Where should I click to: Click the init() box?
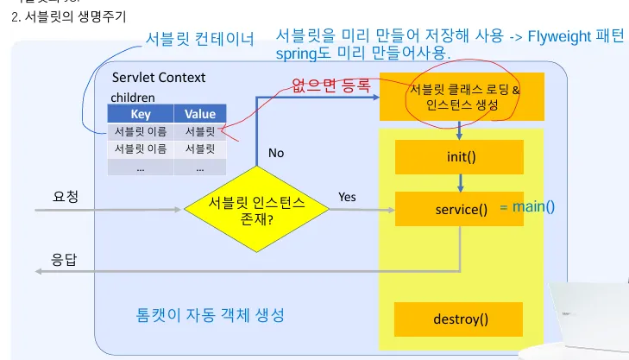[x=461, y=157]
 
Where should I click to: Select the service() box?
[x=461, y=209]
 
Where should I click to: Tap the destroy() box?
[x=461, y=319]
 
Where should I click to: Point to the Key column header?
[x=140, y=114]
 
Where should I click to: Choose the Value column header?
[x=200, y=114]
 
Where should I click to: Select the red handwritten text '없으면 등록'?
[x=331, y=86]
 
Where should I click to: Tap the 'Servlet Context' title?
[x=159, y=77]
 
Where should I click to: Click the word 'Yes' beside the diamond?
[x=347, y=197]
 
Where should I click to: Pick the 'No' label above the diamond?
[x=276, y=153]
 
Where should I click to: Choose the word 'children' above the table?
[x=133, y=98]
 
